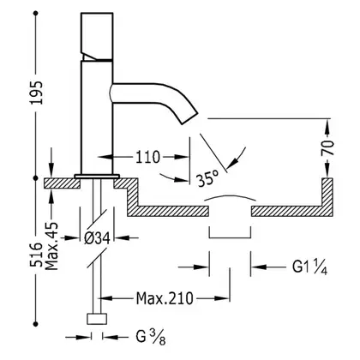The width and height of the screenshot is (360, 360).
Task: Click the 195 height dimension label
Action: [37, 93]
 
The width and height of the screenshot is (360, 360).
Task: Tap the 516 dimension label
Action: [37, 255]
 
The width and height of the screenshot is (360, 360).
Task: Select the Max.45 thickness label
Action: [51, 246]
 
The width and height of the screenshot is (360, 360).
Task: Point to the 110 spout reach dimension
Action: [147, 157]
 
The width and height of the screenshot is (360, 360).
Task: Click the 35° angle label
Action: [207, 177]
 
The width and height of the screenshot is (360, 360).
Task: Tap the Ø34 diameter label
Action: [97, 238]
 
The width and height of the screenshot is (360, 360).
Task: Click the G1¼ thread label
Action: [309, 267]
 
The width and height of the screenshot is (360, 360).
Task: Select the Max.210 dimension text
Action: [165, 298]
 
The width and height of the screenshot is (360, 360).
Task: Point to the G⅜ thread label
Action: [151, 337]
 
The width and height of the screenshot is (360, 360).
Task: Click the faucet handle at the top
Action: [97, 36]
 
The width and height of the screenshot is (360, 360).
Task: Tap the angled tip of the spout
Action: [189, 118]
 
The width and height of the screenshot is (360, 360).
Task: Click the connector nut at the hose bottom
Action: [97, 319]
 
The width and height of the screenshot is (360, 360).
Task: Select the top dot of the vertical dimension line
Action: [36, 13]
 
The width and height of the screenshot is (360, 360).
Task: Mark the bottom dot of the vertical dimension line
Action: [36, 324]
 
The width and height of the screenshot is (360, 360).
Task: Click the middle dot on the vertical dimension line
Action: [36, 178]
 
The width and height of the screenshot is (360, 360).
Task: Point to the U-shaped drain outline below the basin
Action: [231, 237]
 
